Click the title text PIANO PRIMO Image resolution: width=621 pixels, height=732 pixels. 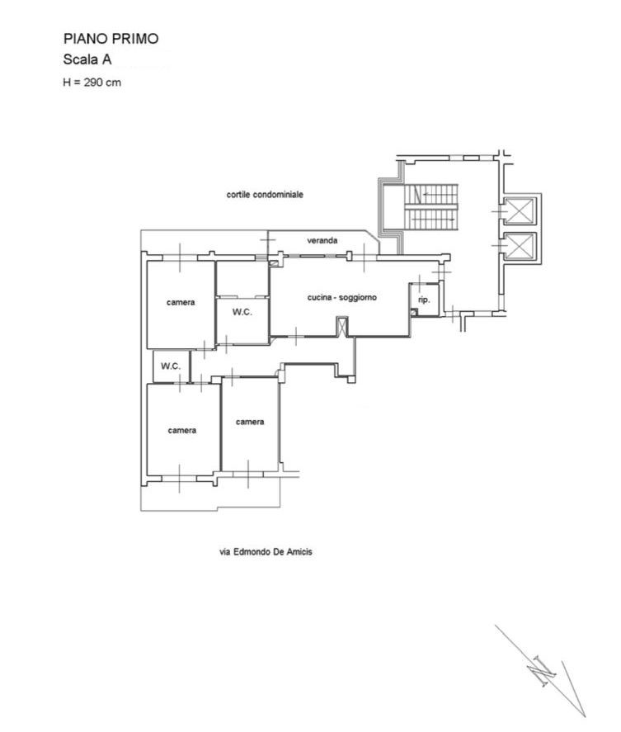pyautogui.click(x=111, y=39)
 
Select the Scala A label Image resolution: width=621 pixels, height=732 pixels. pyautogui.click(x=87, y=59)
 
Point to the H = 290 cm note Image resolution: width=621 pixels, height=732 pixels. pyautogui.click(x=92, y=83)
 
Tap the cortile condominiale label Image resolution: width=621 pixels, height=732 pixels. pyautogui.click(x=265, y=194)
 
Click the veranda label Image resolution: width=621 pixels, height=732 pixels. pyautogui.click(x=322, y=240)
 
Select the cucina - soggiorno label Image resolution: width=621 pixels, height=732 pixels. pyautogui.click(x=341, y=297)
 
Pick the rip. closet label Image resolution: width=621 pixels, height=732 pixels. pyautogui.click(x=424, y=300)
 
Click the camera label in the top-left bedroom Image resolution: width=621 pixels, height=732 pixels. pyautogui.click(x=181, y=303)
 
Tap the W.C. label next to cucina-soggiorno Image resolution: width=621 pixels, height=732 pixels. pyautogui.click(x=242, y=312)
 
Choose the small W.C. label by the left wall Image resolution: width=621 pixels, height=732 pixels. pyautogui.click(x=170, y=366)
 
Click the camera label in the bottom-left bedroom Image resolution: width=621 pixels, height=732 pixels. pyautogui.click(x=182, y=431)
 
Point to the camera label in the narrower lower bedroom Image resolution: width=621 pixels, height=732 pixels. pyautogui.click(x=250, y=422)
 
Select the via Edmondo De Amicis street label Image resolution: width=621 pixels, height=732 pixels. pyautogui.click(x=266, y=552)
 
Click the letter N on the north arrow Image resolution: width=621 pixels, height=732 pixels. pyautogui.click(x=541, y=671)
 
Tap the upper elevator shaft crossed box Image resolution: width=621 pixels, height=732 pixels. pyautogui.click(x=520, y=210)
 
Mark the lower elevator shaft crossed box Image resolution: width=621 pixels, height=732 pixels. pyautogui.click(x=520, y=246)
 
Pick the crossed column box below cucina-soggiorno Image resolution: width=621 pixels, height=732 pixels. pyautogui.click(x=342, y=327)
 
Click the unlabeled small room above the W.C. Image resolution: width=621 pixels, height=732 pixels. pyautogui.click(x=242, y=278)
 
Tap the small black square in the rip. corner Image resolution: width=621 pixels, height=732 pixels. pyautogui.click(x=413, y=312)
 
